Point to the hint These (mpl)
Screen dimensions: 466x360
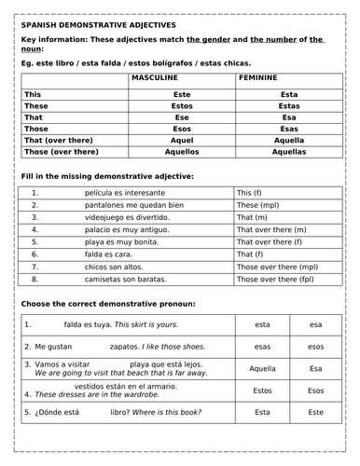[260, 205]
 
